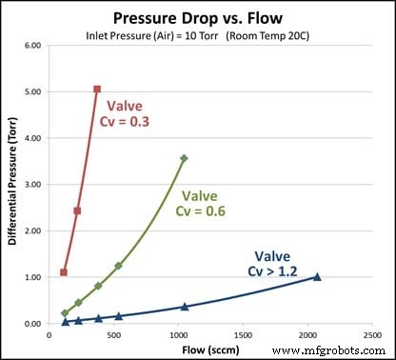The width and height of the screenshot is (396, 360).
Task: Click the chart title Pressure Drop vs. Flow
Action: click(197, 18)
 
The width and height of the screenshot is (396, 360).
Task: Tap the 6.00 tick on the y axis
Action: click(32, 46)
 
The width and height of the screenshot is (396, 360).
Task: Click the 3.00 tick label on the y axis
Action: click(32, 185)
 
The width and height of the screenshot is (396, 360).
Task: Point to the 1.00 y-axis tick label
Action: click(32, 277)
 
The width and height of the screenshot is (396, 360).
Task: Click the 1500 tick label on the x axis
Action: click(240, 334)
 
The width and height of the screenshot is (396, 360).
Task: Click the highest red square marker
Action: click(97, 90)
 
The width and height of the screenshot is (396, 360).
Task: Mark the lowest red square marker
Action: click(64, 272)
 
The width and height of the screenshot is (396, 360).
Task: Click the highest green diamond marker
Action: click(184, 158)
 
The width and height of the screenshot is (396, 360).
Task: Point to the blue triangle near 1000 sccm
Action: click(185, 306)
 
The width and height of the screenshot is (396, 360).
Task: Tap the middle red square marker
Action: click(77, 210)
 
